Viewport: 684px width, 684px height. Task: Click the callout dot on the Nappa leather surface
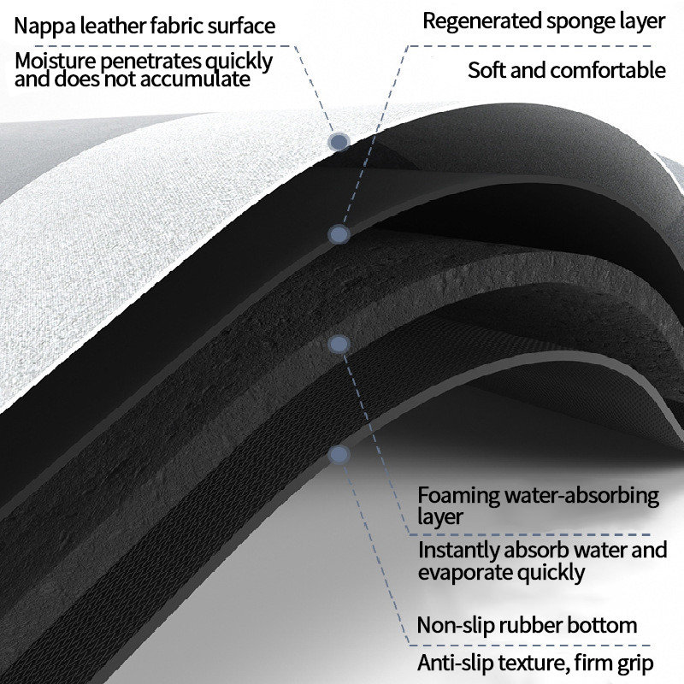click(339, 142)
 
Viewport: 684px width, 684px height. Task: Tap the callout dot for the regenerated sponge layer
click(339, 234)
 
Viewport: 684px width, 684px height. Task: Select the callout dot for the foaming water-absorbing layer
click(339, 344)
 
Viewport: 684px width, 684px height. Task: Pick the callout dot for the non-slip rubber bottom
click(339, 454)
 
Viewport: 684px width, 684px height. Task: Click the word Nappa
click(44, 26)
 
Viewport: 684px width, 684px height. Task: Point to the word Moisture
click(55, 62)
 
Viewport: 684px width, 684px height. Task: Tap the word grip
click(634, 663)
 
